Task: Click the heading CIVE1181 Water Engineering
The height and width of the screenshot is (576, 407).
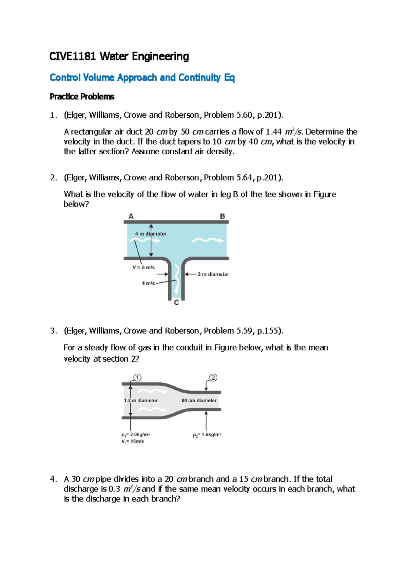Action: click(119, 56)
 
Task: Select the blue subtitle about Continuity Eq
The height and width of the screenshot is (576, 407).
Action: click(142, 78)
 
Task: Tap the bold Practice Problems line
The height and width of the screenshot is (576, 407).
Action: click(82, 97)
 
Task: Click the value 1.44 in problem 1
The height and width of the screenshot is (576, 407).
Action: click(274, 132)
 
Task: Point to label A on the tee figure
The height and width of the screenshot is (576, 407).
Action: click(131, 216)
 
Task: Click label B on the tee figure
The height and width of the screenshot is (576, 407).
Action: click(222, 216)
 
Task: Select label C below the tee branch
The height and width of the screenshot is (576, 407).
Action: click(176, 303)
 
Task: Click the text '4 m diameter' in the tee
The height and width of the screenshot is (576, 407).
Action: click(151, 234)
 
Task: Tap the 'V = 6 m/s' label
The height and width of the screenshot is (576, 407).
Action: click(143, 267)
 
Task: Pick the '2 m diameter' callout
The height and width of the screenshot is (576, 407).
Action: click(213, 274)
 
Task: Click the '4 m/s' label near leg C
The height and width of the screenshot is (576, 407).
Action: click(148, 283)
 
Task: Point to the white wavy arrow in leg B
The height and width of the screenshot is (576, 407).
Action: click(208, 241)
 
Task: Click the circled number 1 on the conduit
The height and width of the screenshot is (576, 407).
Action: click(137, 378)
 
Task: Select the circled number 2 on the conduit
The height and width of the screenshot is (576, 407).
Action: click(213, 378)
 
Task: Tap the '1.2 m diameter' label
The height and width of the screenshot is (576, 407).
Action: click(141, 400)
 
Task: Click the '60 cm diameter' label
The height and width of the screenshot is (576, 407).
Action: click(199, 400)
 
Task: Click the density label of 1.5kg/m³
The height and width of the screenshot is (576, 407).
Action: click(207, 435)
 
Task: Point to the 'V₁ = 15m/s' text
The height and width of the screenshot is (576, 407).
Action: click(133, 441)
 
